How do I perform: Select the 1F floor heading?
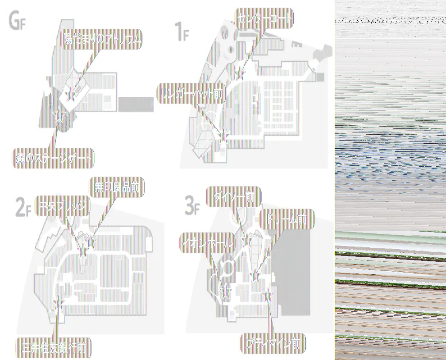(181, 32)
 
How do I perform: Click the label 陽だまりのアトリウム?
(102, 40)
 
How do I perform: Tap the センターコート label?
(264, 18)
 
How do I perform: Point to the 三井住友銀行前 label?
(54, 347)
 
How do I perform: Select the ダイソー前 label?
(233, 196)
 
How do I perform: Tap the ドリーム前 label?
(287, 219)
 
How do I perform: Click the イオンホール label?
(208, 243)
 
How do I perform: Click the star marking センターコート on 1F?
(240, 73)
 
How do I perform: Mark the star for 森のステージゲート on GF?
(58, 116)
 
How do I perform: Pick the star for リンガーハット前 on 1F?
(223, 134)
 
